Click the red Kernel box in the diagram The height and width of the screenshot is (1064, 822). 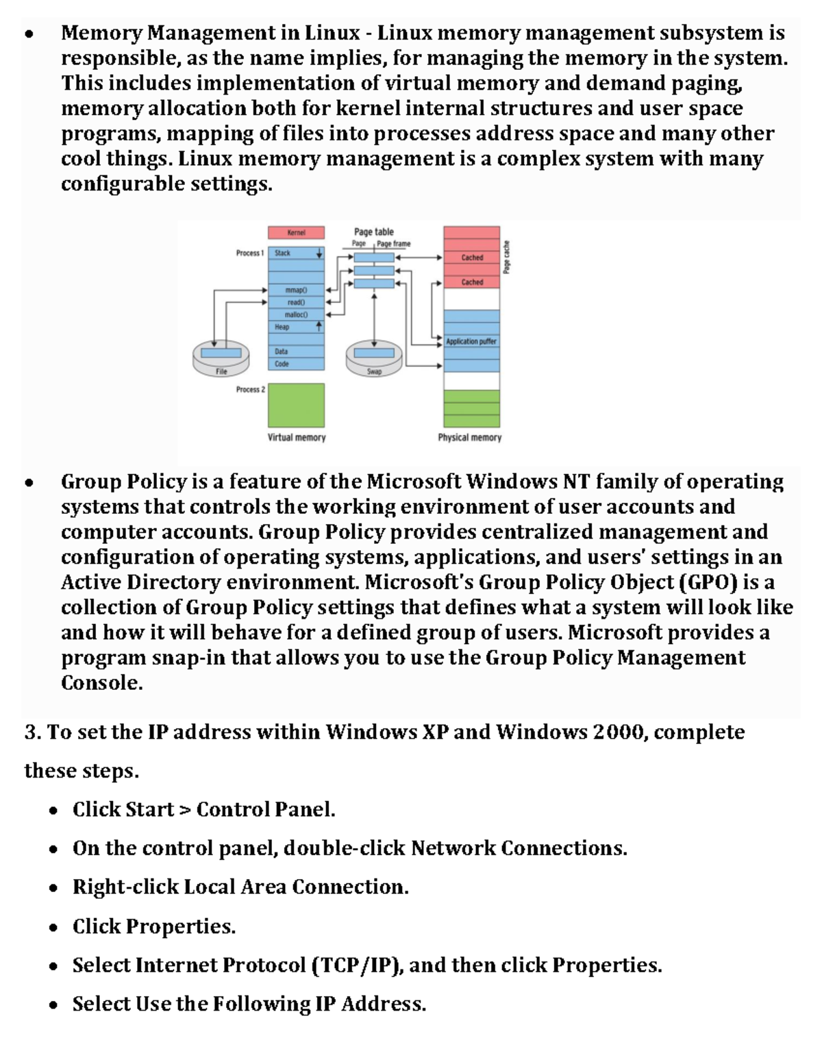(296, 233)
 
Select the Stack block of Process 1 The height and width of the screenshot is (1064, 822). (296, 253)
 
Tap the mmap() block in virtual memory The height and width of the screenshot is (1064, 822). (296, 290)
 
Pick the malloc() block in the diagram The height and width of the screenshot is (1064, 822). (296, 314)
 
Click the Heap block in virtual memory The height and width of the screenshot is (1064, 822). (296, 327)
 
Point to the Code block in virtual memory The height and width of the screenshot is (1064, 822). (296, 364)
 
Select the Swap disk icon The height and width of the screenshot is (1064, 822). (374, 358)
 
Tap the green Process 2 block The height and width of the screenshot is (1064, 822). (296, 405)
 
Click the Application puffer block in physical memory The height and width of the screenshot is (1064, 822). (471, 341)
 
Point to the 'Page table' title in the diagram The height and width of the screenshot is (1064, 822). (373, 232)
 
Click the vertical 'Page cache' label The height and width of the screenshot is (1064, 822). (507, 257)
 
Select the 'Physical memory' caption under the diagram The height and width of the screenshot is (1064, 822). (470, 437)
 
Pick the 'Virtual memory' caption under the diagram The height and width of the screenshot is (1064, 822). (297, 437)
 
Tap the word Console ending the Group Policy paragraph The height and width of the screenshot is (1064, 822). (101, 683)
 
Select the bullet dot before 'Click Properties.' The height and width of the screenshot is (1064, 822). (53, 928)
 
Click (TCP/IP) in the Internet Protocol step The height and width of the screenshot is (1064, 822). (357, 965)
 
